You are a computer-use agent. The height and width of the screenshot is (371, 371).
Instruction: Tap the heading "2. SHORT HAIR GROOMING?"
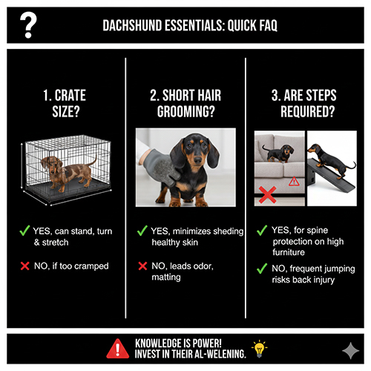click(x=185, y=104)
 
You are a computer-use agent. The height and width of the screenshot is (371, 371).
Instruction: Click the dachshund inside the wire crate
click(x=68, y=171)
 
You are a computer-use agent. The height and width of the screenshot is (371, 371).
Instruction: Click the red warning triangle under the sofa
click(x=293, y=180)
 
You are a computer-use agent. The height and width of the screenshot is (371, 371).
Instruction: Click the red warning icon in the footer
click(x=116, y=347)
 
